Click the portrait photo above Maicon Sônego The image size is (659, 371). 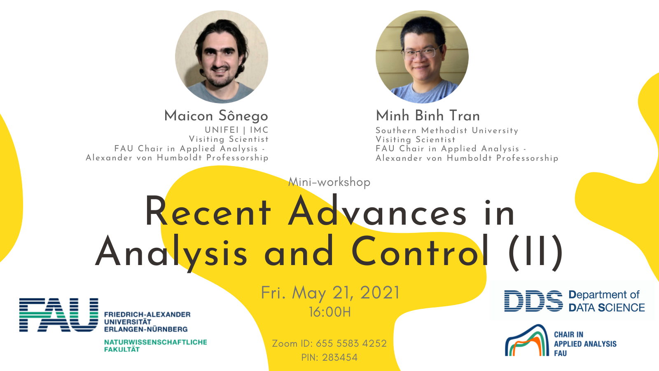(x=222, y=57)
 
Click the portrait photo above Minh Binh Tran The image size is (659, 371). (x=422, y=57)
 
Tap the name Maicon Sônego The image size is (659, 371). (x=216, y=116)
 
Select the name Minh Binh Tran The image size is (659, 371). (x=428, y=115)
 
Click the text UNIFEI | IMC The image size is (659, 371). (x=236, y=130)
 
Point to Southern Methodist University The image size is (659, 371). (x=447, y=130)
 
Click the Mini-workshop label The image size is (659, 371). (x=329, y=182)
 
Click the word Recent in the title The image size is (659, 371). (x=208, y=211)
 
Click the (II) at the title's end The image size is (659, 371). (x=535, y=252)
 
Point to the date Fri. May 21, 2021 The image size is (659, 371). (x=330, y=293)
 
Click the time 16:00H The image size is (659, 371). (x=330, y=312)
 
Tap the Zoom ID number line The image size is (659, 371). (x=329, y=343)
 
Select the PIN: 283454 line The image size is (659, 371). (x=329, y=357)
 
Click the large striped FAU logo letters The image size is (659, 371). (x=59, y=315)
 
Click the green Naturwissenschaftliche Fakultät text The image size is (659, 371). (x=156, y=346)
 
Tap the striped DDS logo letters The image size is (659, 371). (x=534, y=301)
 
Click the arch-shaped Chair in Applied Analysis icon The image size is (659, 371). (x=527, y=340)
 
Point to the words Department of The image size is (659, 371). (x=604, y=294)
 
